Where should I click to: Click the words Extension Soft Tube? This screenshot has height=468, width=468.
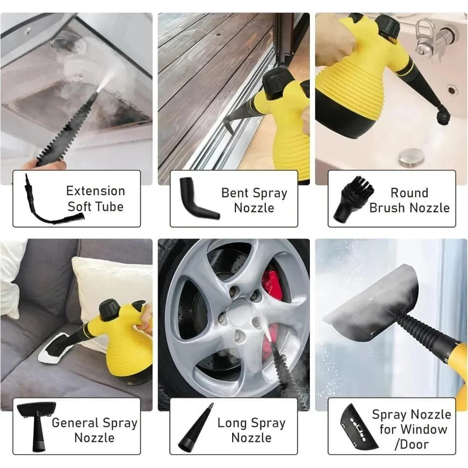pos(95,198)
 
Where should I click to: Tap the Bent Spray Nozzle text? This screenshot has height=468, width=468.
pos(254,200)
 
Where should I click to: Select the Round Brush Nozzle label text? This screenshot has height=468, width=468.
pos(409,200)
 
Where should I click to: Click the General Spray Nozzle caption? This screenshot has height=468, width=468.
pos(95,430)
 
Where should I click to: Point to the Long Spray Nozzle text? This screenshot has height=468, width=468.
pos(251,430)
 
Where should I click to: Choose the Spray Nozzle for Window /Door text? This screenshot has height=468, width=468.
pos(411,429)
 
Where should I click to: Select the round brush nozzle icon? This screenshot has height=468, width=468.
pos(353,199)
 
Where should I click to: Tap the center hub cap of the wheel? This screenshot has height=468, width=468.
pos(240,311)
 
